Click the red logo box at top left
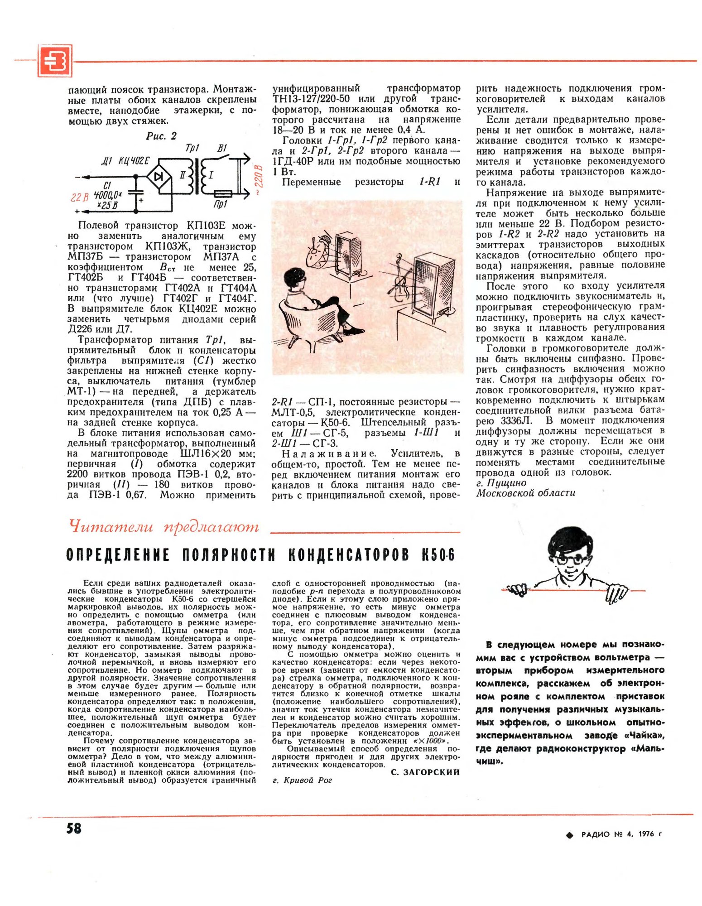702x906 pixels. pyautogui.click(x=55, y=61)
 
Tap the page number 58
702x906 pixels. pyautogui.click(x=74, y=828)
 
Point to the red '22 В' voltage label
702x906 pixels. pyautogui.click(x=79, y=198)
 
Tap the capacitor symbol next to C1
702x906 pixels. pyautogui.click(x=136, y=193)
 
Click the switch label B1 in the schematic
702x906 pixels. pyautogui.click(x=222, y=148)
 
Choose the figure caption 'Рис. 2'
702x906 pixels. pyautogui.click(x=161, y=136)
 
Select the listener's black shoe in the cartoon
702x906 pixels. pyautogui.click(x=353, y=330)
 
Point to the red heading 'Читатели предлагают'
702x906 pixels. pyautogui.click(x=164, y=527)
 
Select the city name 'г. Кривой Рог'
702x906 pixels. pyautogui.click(x=302, y=780)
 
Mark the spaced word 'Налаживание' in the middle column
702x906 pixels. pyautogui.click(x=328, y=454)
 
